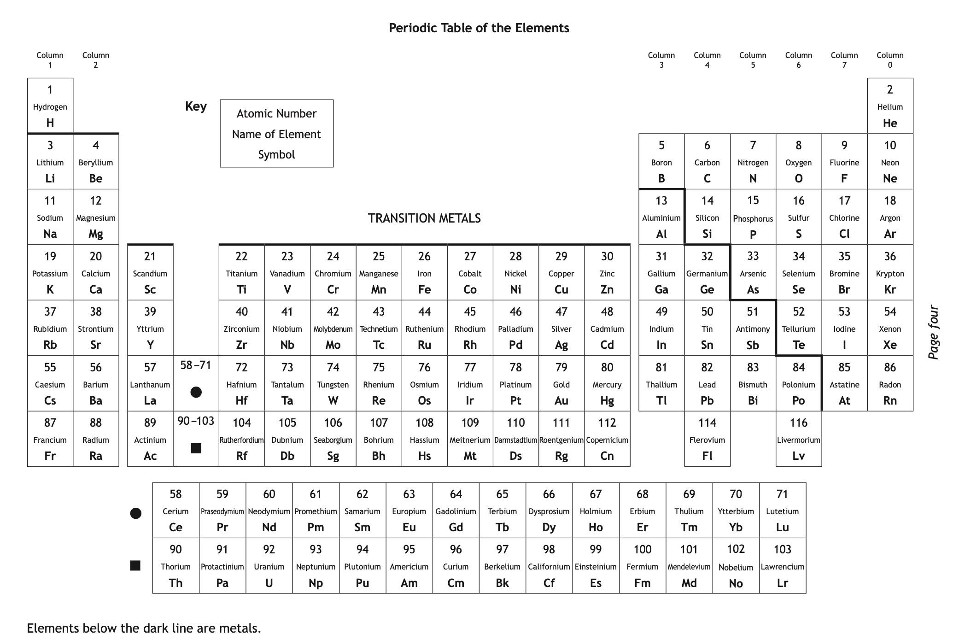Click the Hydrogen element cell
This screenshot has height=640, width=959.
point(50,106)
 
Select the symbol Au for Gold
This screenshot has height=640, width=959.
point(561,401)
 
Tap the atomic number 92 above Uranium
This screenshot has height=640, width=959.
point(269,549)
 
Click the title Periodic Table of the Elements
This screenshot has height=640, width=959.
point(479,28)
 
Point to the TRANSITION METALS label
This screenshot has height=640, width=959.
point(424,218)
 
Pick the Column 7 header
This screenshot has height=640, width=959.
point(844,60)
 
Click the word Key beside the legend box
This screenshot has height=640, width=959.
point(196,106)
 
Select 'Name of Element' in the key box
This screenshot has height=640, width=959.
point(276,134)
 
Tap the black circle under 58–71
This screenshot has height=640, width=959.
point(196,392)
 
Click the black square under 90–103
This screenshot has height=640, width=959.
point(196,448)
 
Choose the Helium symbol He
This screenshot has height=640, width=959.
point(890,123)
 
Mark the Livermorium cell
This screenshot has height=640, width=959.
point(798,439)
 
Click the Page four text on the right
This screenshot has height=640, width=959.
point(933,332)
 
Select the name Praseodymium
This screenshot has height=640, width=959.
point(222,511)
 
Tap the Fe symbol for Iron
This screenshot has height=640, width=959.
point(424,290)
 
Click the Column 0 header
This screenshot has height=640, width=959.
point(889,60)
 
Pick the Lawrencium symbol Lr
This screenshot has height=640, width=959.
point(782,583)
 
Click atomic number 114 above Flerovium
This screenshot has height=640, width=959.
point(707,423)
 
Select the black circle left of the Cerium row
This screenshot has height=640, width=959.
point(136,513)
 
